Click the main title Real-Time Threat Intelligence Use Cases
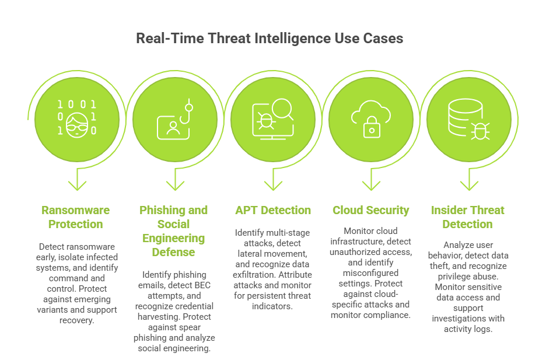[x=269, y=38]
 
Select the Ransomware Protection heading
[x=76, y=217]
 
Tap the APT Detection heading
[x=273, y=210]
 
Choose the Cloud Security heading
[x=371, y=210]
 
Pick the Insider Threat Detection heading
[x=467, y=217]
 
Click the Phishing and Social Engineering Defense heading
[x=174, y=231]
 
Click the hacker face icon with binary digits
[x=76, y=118]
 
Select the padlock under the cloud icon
[x=372, y=127]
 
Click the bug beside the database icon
[x=480, y=131]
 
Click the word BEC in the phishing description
[x=202, y=285]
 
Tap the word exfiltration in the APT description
[x=254, y=275]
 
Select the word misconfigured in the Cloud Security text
[x=370, y=273]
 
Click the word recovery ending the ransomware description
[x=76, y=320]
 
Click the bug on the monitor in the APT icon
[x=265, y=121]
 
